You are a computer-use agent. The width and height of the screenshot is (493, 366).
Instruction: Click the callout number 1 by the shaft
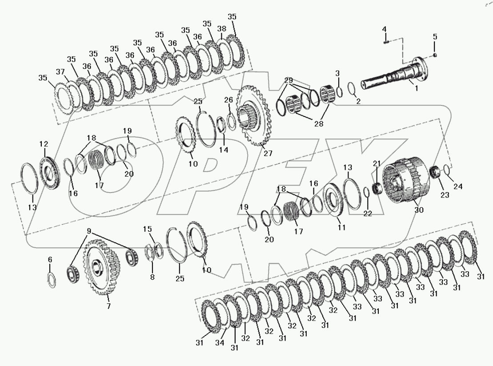[x=416, y=88]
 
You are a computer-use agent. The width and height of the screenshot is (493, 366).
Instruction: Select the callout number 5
[x=435, y=36]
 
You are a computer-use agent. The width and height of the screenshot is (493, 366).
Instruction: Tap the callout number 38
[x=221, y=29]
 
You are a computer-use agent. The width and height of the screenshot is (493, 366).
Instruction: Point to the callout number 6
[x=50, y=259]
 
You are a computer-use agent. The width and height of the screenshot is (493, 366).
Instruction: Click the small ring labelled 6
[x=52, y=280]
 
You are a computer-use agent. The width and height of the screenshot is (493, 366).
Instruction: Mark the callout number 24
[x=458, y=187]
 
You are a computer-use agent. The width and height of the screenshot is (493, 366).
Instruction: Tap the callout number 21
[x=377, y=163]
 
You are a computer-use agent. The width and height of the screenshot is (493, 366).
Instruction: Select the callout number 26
[x=228, y=100]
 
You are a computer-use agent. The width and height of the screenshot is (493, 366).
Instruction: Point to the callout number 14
[x=223, y=150]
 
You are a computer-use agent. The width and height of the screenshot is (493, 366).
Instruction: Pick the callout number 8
[x=152, y=277]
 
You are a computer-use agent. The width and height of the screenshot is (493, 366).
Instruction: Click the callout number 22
[x=367, y=214]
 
